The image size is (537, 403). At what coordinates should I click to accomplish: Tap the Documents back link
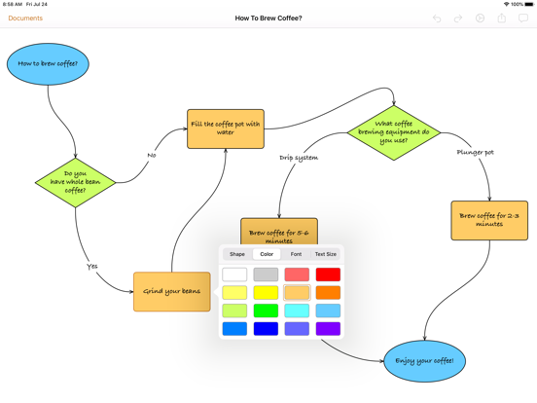(x=25, y=18)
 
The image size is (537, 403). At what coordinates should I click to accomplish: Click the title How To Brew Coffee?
(x=268, y=18)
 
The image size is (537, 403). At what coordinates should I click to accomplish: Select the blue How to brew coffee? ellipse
(x=48, y=64)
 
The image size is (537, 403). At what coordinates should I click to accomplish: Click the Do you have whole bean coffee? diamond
(x=75, y=183)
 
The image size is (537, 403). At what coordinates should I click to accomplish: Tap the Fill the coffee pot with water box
(x=226, y=128)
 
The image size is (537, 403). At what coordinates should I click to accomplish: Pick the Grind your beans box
(x=172, y=292)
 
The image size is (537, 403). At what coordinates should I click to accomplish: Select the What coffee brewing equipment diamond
(x=394, y=132)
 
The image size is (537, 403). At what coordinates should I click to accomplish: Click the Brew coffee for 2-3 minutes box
(x=489, y=220)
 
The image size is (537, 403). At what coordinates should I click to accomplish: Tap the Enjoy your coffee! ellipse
(x=425, y=361)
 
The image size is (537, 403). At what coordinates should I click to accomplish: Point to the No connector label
(x=152, y=155)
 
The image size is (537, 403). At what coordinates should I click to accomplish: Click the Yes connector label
(x=92, y=267)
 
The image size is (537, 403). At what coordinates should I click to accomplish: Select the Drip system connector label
(x=299, y=158)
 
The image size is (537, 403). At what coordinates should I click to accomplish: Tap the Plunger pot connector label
(x=476, y=152)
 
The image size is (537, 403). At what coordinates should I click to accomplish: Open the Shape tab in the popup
(x=237, y=254)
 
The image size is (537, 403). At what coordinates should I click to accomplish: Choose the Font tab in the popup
(x=297, y=254)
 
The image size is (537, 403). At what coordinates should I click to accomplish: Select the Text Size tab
(x=326, y=254)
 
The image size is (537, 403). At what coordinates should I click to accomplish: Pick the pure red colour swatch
(x=328, y=275)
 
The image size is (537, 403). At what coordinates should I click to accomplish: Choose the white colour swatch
(x=234, y=275)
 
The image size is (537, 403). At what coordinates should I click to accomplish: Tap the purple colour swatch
(x=328, y=329)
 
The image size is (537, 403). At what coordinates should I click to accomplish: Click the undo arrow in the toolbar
(x=437, y=18)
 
